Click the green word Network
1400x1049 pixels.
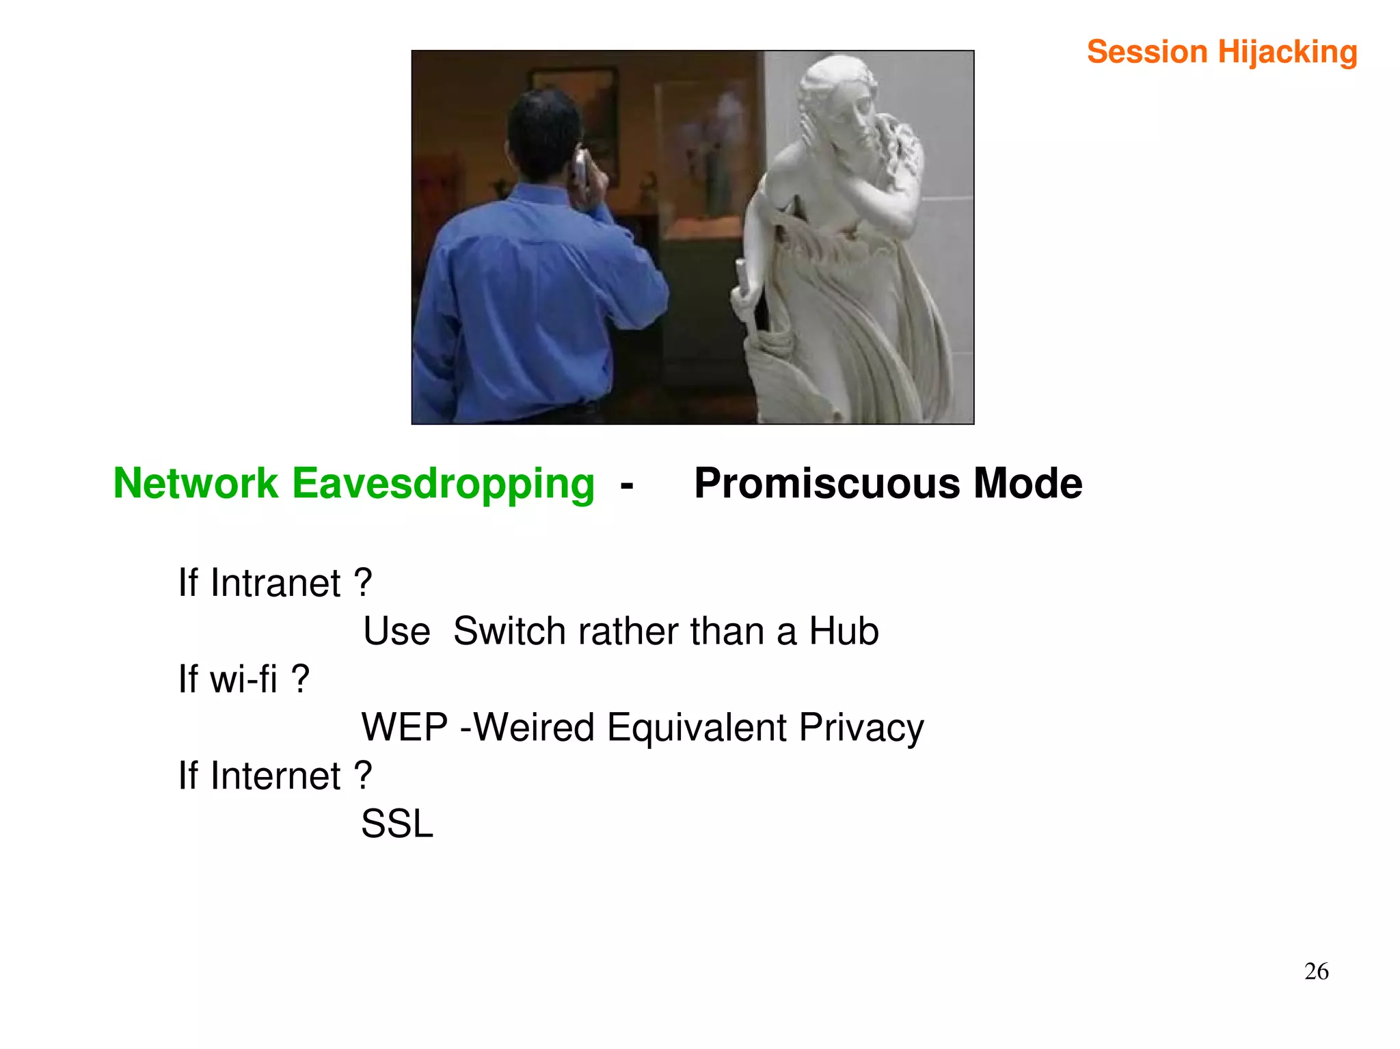point(196,484)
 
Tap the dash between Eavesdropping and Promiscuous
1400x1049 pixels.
point(626,486)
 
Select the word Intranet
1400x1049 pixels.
point(275,583)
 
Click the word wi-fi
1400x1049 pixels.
point(243,679)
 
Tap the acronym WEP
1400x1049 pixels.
point(404,727)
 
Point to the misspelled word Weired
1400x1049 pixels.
point(534,727)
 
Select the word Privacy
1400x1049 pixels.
point(861,727)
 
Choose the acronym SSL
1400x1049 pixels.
point(396,823)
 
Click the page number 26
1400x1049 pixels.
point(1316,971)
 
